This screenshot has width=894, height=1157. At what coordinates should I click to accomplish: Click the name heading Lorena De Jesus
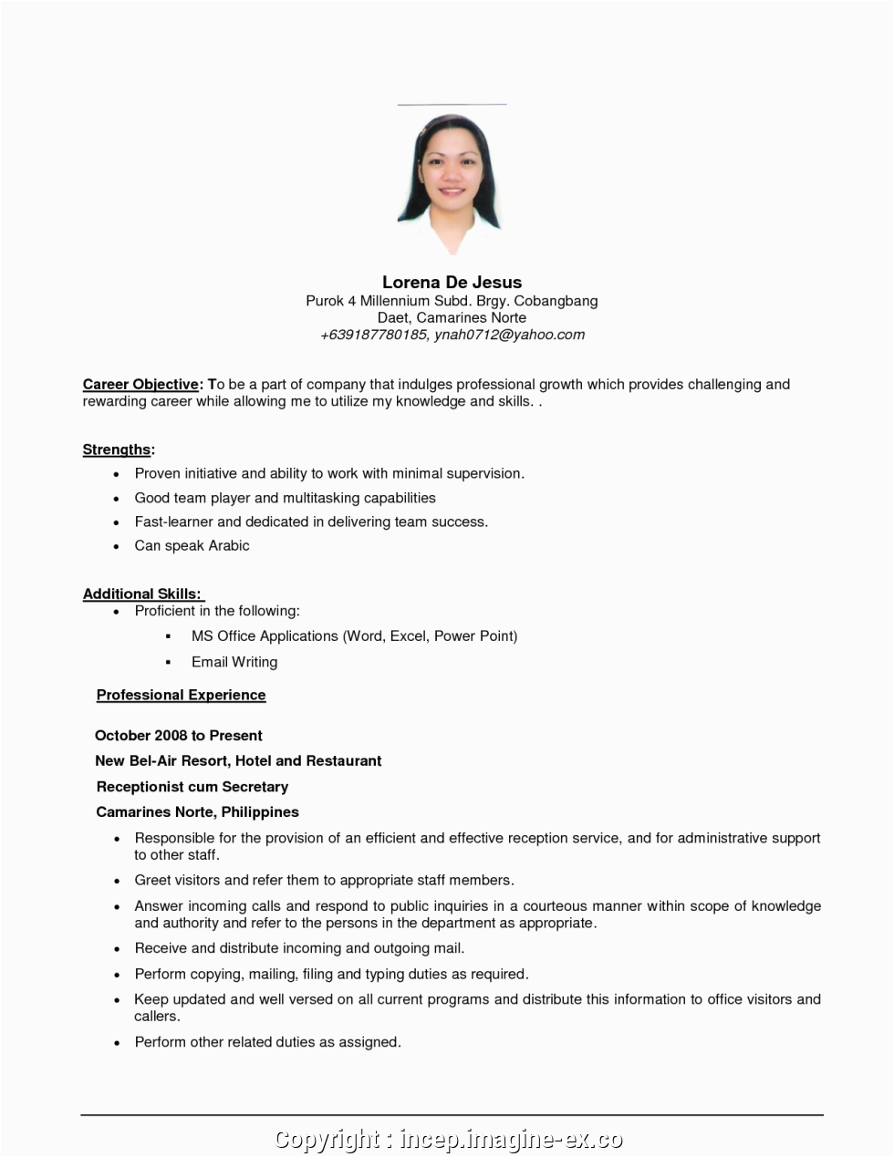click(x=452, y=283)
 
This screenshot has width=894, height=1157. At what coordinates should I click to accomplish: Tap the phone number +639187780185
click(x=372, y=335)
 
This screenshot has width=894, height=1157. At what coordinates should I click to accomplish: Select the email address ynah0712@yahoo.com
click(x=509, y=335)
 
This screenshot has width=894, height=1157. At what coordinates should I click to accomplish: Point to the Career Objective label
click(x=140, y=385)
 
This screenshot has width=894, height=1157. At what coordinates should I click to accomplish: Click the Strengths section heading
click(x=117, y=449)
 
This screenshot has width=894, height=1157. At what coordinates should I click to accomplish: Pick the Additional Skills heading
click(x=141, y=594)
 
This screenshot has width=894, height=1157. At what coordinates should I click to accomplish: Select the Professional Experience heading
click(x=181, y=695)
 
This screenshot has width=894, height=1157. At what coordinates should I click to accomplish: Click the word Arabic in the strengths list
click(x=228, y=546)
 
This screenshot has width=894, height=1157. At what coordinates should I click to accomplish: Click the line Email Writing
click(x=234, y=662)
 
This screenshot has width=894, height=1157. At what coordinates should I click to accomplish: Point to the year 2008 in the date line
click(x=170, y=736)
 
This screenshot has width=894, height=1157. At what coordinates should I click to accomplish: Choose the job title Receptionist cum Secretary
click(x=192, y=787)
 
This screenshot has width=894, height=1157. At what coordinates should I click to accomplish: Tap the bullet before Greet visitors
click(x=117, y=882)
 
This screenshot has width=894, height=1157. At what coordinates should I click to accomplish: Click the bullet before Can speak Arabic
click(x=117, y=547)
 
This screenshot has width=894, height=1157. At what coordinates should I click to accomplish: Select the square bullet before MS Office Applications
click(x=169, y=636)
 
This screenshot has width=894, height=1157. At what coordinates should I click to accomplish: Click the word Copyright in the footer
click(x=327, y=1140)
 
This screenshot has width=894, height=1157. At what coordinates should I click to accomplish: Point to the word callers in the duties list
click(x=156, y=1017)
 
